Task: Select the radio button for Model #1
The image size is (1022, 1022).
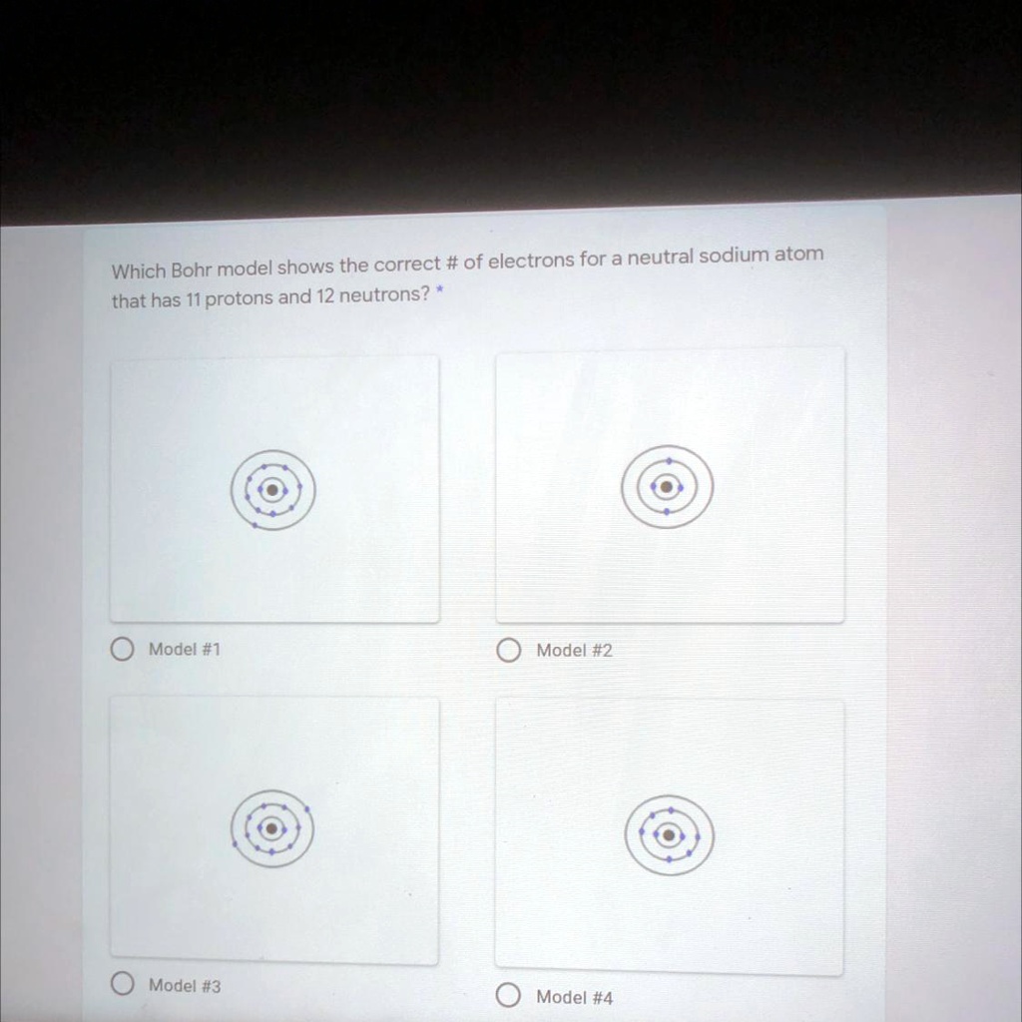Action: pyautogui.click(x=122, y=650)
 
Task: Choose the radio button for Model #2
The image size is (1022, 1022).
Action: pyautogui.click(x=508, y=652)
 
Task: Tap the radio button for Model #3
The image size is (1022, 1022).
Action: pyautogui.click(x=122, y=985)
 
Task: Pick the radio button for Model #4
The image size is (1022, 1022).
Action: pyautogui.click(x=508, y=996)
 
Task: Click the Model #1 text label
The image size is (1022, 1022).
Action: pyautogui.click(x=185, y=650)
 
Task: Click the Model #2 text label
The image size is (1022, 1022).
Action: pyautogui.click(x=575, y=651)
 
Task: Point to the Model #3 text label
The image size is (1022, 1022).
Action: pyautogui.click(x=185, y=985)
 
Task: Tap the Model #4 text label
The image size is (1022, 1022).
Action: pyautogui.click(x=575, y=996)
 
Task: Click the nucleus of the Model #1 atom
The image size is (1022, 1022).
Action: pyautogui.click(x=272, y=490)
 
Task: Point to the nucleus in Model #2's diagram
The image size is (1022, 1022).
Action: pyautogui.click(x=667, y=487)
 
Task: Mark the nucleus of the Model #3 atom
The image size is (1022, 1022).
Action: pyautogui.click(x=270, y=828)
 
